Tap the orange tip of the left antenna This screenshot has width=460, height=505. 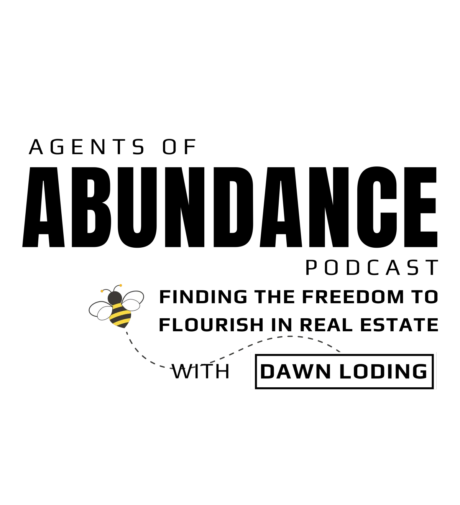[102, 291]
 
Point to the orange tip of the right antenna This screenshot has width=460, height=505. [121, 285]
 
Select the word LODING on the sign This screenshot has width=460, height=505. [384, 371]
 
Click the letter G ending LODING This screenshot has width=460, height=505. [419, 371]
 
